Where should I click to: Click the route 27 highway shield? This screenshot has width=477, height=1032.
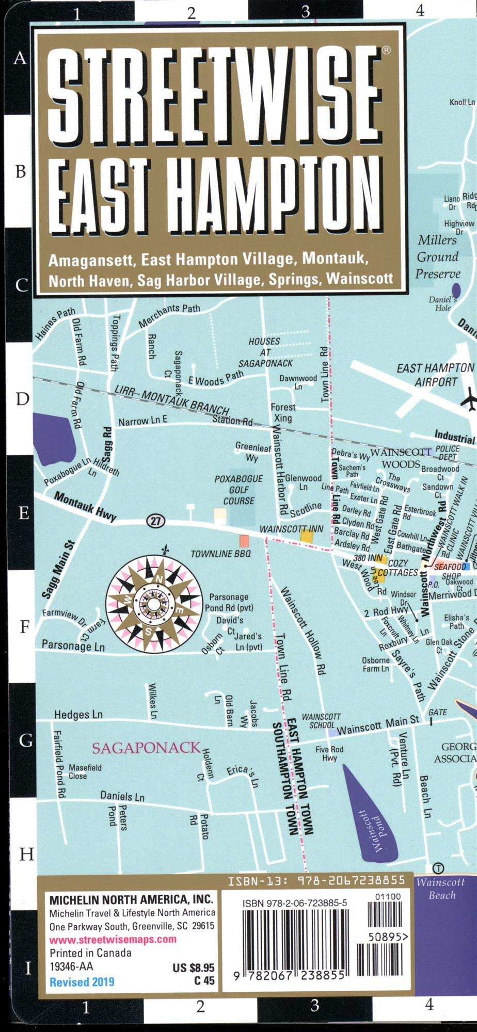pos(155,521)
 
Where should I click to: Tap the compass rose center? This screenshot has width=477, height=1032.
pos(154,602)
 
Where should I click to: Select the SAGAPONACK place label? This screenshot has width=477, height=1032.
pos(146,748)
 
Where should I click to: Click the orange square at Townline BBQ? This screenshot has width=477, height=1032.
pos(244,541)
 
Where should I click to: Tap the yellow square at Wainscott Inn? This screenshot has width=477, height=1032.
pos(307,536)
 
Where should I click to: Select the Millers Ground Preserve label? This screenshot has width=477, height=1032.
pos(438,256)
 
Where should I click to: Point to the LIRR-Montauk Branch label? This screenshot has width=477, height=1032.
pos(172,398)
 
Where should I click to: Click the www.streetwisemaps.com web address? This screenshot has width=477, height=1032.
pos(113,939)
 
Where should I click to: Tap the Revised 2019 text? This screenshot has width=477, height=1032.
pos(82,982)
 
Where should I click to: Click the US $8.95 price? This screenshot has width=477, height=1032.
pos(194,969)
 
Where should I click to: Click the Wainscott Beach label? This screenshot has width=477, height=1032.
pos(441,889)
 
